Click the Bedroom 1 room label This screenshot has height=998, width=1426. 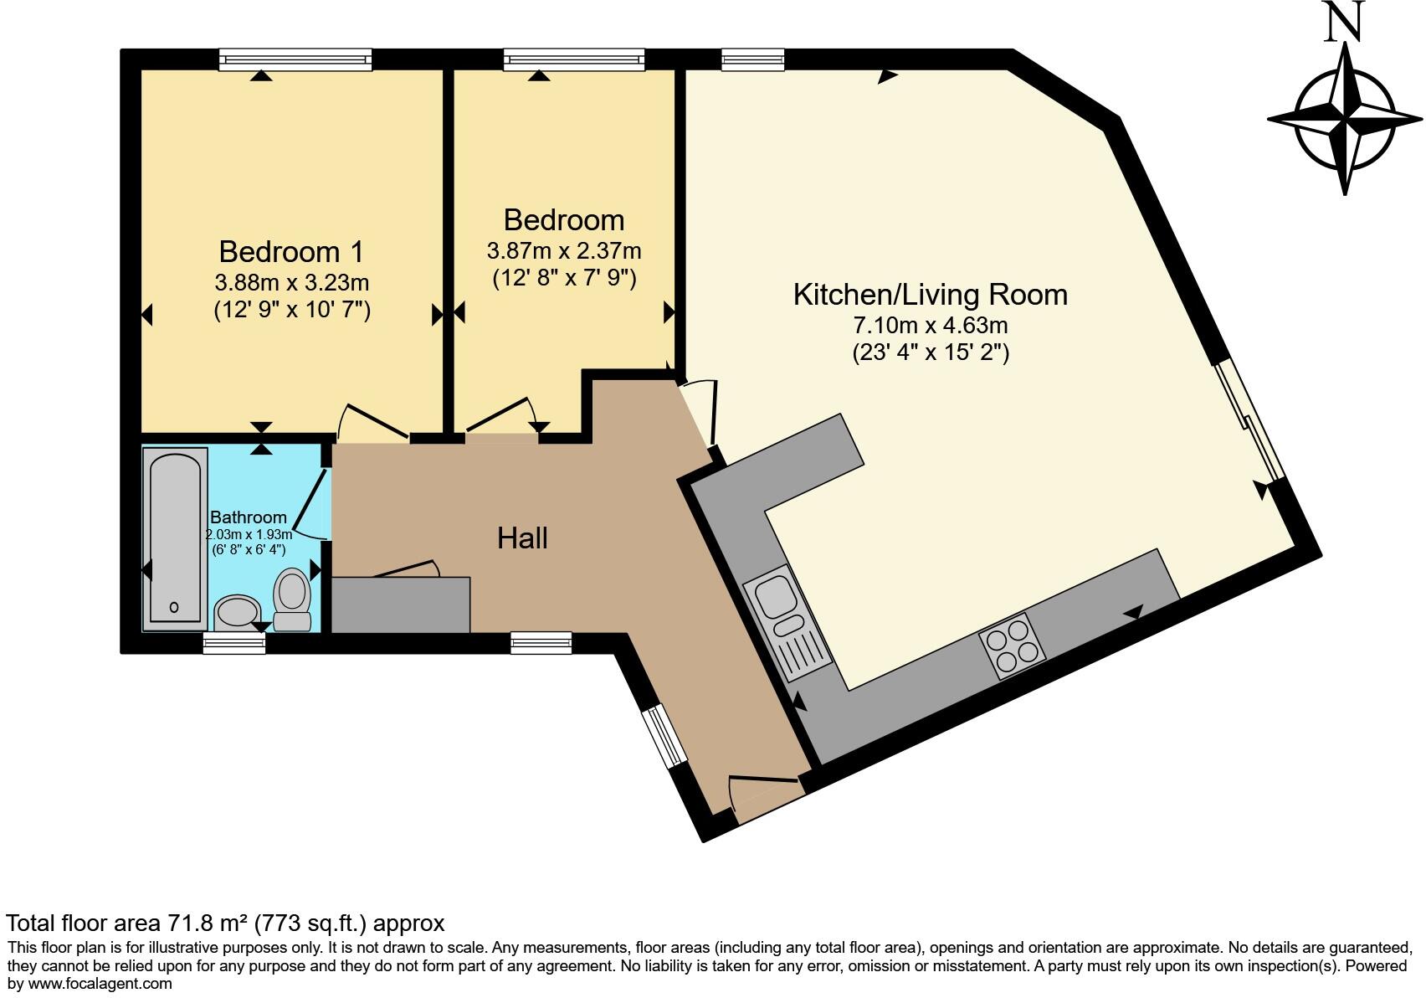tap(291, 251)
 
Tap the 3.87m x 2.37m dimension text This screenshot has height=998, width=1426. tap(564, 250)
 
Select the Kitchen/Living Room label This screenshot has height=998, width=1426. tap(930, 295)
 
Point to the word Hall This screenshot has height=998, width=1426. tap(522, 538)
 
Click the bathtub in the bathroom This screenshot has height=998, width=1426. tap(175, 538)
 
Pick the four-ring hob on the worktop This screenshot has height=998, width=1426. tap(1013, 646)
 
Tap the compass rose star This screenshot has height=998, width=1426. tap(1345, 119)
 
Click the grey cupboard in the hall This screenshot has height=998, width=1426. tap(401, 604)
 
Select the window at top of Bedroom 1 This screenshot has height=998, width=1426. tap(295, 59)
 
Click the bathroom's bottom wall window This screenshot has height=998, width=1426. tap(234, 643)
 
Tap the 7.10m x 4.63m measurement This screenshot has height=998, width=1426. tap(930, 325)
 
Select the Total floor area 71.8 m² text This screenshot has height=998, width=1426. tap(224, 923)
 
